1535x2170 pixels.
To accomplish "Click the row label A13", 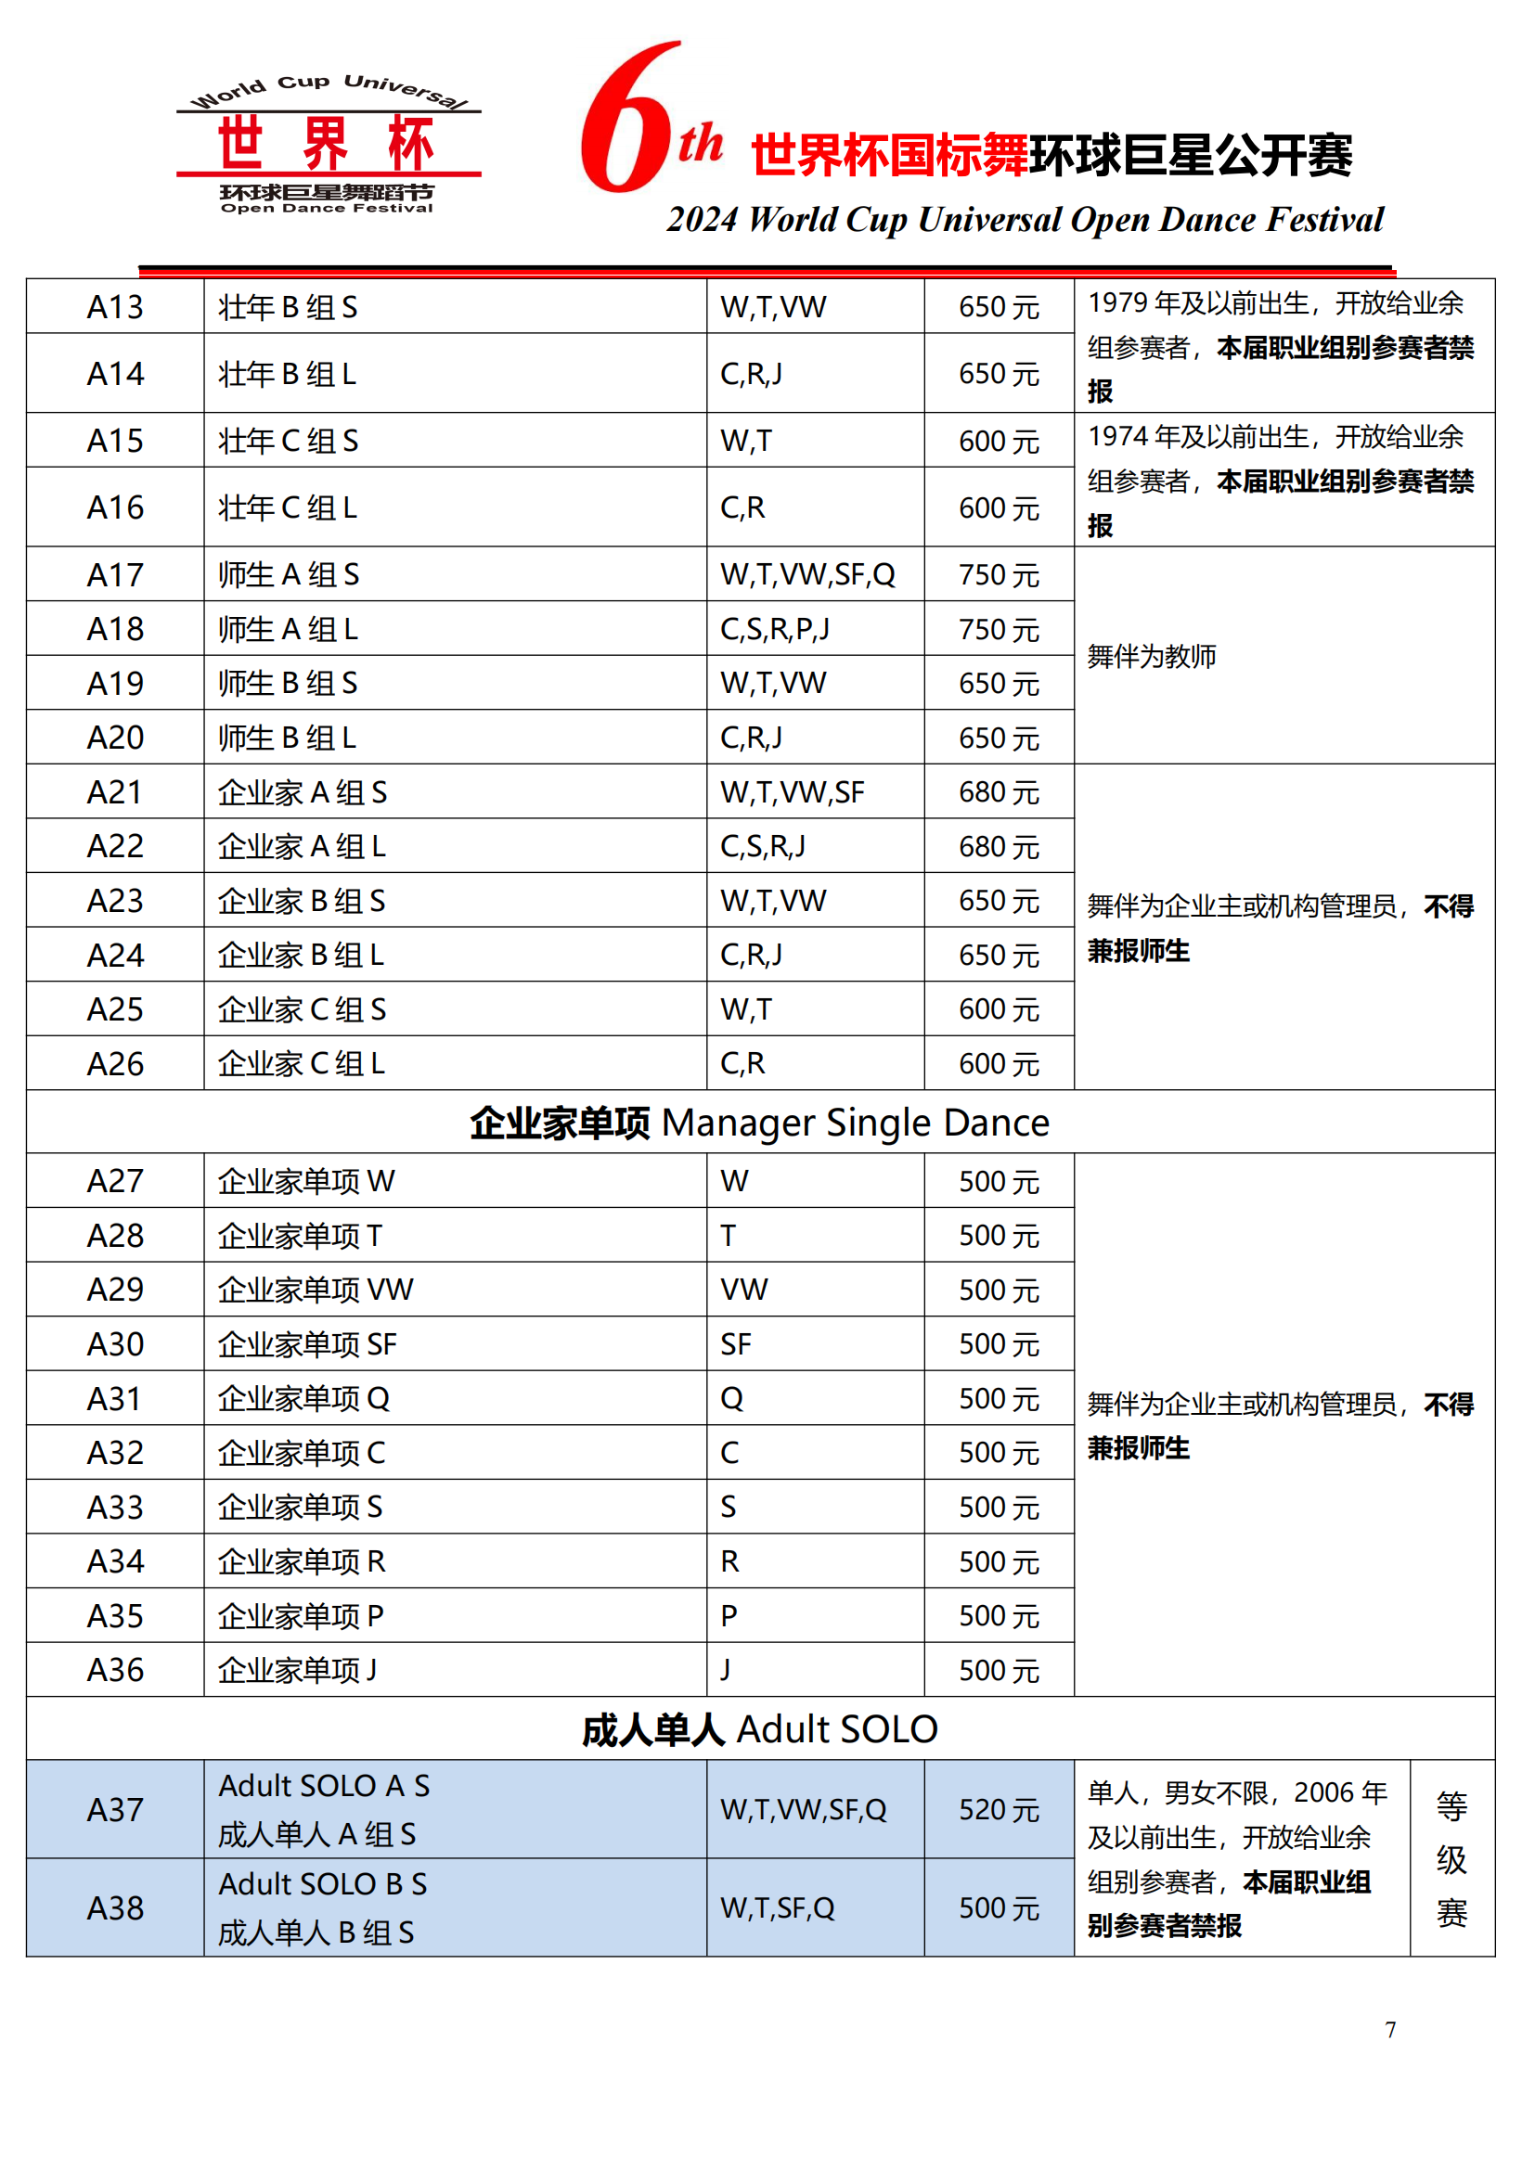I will click(115, 307).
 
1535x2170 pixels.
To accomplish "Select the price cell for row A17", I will click(999, 574).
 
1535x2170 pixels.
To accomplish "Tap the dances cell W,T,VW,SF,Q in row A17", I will click(807, 574).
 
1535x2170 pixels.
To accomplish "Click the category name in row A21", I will click(303, 792).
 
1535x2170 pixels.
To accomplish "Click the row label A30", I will click(115, 1344).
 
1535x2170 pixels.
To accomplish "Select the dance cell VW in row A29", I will click(744, 1290).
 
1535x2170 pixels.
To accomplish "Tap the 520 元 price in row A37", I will click(999, 1809).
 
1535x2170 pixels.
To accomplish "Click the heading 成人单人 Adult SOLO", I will click(759, 1729).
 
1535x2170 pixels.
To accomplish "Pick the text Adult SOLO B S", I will click(322, 1883).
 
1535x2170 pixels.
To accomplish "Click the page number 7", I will click(1389, 2029).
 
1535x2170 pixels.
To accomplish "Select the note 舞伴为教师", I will click(1151, 656).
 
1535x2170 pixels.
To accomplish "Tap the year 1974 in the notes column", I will click(1118, 437).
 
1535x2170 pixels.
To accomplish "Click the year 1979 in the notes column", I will click(1118, 303).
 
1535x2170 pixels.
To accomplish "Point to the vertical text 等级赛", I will click(1451, 1859).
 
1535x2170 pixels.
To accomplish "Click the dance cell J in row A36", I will click(726, 1670).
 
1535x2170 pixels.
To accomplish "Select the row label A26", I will click(115, 1064).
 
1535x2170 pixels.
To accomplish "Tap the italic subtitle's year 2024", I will click(702, 220).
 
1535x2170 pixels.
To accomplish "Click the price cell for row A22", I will click(999, 846).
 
